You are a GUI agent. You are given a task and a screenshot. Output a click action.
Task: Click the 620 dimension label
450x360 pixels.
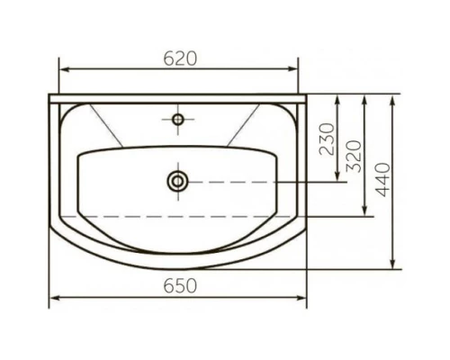(180, 58)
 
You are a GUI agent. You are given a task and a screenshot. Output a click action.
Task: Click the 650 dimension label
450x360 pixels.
(180, 286)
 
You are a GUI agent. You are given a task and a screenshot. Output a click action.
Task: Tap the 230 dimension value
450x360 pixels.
(327, 139)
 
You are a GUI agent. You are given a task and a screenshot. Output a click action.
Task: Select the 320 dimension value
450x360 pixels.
(354, 157)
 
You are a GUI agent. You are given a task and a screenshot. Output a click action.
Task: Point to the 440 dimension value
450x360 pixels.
(383, 180)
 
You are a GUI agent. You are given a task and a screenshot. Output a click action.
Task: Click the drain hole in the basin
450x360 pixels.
(178, 181)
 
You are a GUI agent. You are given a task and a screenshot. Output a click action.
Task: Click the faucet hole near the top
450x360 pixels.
(178, 120)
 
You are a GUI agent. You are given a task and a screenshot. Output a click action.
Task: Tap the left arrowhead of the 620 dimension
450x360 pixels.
(65, 69)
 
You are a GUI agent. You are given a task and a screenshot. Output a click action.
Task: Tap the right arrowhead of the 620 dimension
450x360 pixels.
(292, 69)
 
